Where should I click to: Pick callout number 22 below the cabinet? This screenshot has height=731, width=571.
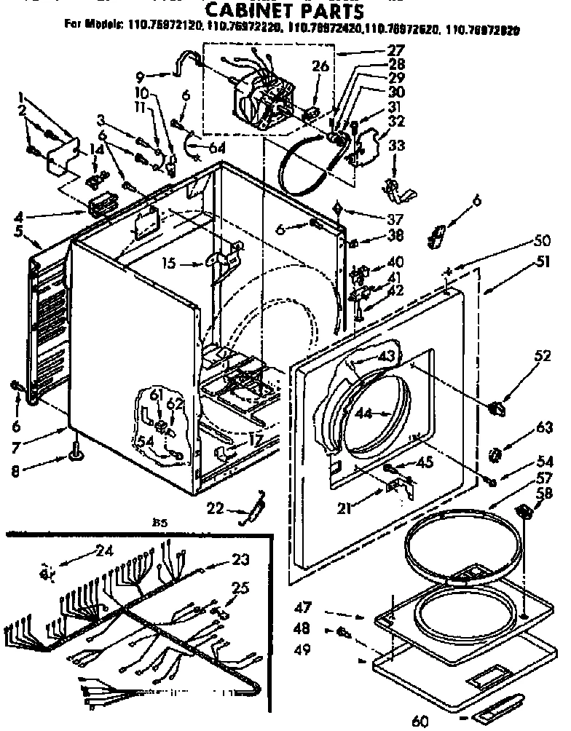coord(213,507)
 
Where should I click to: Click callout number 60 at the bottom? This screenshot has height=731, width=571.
coord(420,721)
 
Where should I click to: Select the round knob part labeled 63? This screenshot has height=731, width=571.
coord(496,455)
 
